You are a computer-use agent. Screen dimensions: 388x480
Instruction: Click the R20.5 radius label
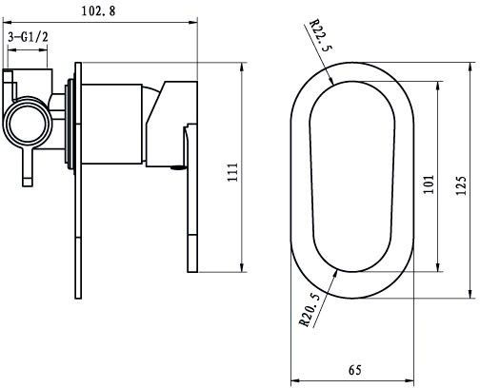pos(307,308)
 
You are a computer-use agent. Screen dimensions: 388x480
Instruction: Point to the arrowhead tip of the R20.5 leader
pos(339,269)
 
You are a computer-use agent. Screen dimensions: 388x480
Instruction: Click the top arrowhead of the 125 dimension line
pos(470,64)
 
